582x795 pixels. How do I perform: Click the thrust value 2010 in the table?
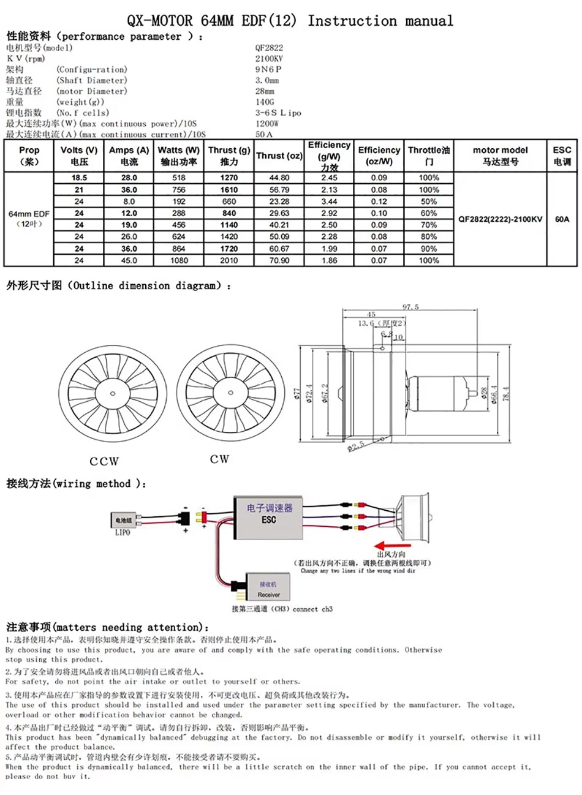229,260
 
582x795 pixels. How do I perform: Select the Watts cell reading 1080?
179,260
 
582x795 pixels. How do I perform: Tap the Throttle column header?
429,156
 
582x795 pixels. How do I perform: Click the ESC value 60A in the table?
562,219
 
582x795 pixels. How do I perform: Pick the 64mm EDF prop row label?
29,219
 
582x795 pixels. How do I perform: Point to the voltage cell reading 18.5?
79,178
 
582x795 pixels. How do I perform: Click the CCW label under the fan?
104,461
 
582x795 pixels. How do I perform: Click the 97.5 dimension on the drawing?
410,307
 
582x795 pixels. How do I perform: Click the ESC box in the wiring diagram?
269,518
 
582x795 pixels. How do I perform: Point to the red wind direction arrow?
392,545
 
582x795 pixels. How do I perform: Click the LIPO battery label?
123,533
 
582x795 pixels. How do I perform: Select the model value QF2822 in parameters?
269,47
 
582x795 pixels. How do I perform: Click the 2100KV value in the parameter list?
269,58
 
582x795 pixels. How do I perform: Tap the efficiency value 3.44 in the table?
329,202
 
